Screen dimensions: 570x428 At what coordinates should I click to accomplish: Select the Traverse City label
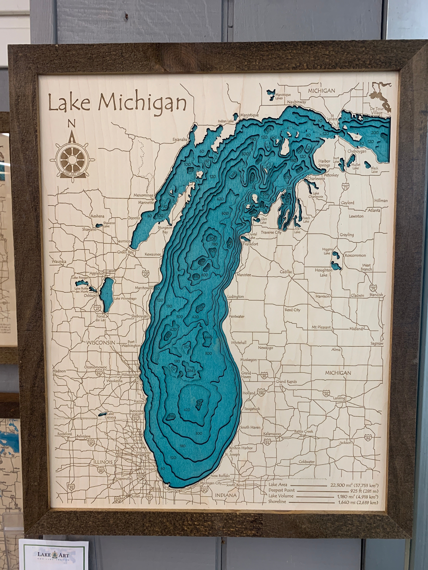[271, 232]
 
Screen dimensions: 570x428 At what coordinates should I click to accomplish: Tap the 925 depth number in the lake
[213, 250]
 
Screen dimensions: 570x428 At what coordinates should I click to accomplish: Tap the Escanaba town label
[180, 140]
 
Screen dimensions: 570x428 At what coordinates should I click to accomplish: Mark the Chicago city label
[148, 469]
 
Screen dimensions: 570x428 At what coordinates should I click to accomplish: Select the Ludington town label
[235, 297]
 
